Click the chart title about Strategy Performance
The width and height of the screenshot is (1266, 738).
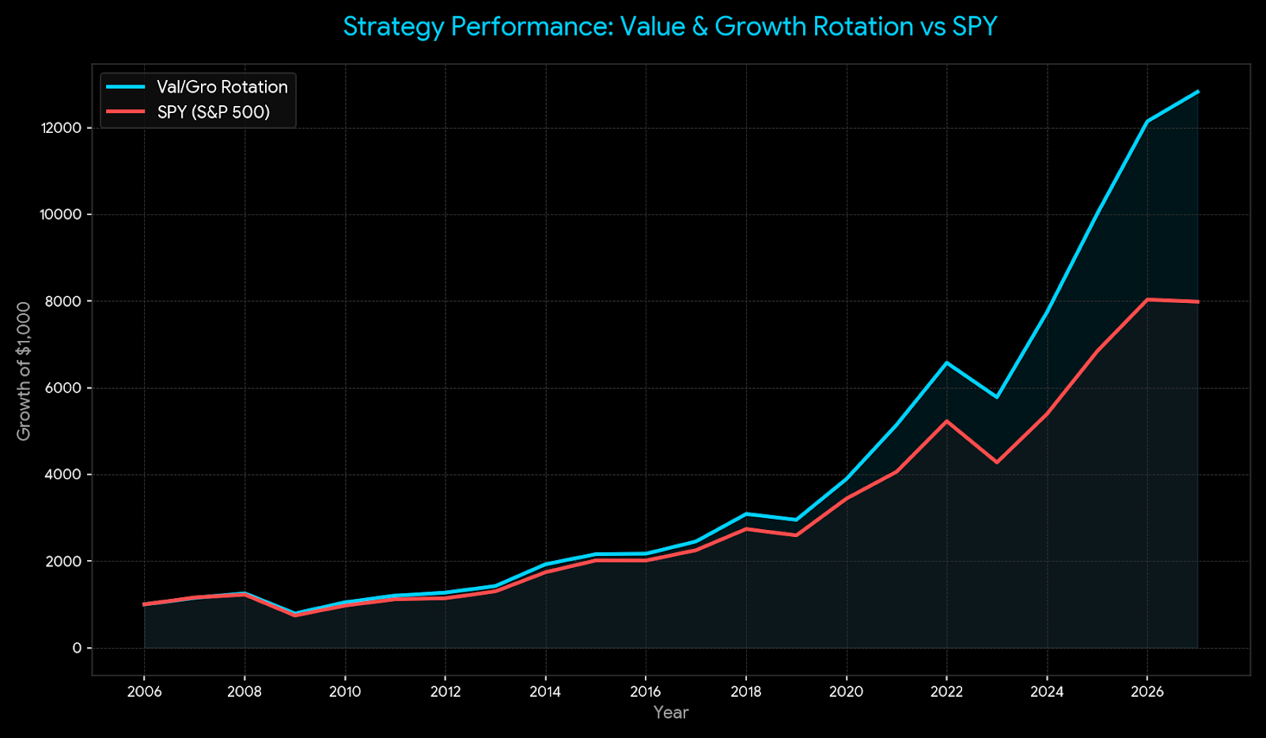(669, 27)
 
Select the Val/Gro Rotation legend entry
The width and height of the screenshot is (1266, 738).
(222, 87)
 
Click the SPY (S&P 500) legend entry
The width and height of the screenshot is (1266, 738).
(213, 112)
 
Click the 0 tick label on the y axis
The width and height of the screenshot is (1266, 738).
(77, 648)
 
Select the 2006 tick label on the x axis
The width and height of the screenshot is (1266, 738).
(144, 692)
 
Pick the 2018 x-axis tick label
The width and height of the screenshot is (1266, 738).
(745, 692)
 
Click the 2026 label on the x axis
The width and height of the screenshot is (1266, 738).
(1147, 692)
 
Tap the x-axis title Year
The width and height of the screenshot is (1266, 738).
(671, 713)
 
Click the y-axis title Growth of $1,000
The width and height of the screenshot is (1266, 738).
(25, 371)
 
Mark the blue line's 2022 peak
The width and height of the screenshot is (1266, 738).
(946, 362)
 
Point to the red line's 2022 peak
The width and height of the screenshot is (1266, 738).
(946, 421)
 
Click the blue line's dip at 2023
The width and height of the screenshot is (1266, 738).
(997, 397)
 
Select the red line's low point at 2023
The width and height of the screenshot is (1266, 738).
(997, 463)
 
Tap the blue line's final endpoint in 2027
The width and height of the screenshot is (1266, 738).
(1198, 92)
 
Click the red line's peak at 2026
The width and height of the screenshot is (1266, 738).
(1147, 300)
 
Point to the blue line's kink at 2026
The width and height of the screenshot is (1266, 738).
(1147, 121)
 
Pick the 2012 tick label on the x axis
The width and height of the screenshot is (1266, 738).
(445, 692)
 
